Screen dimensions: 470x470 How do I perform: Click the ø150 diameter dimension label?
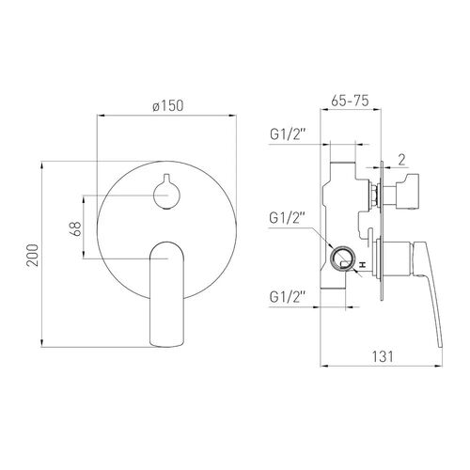168,106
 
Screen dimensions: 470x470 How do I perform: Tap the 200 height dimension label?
33,255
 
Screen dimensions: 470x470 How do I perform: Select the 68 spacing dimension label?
75,228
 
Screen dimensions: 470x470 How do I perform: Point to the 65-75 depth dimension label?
350,101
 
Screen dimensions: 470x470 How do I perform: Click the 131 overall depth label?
383,356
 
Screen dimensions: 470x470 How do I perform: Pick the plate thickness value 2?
401,160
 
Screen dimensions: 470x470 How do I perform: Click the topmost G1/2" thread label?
288,134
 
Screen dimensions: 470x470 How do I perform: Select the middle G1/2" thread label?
288,218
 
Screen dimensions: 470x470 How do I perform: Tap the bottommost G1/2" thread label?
288,297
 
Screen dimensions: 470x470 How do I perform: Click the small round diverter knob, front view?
166,194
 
